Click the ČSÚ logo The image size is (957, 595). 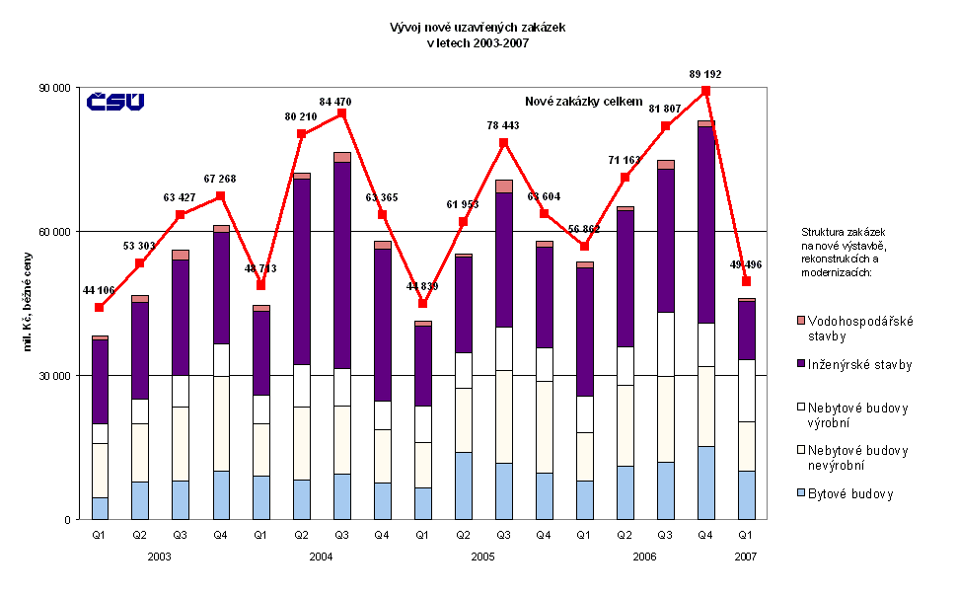click(x=115, y=101)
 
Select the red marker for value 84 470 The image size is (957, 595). click(x=341, y=112)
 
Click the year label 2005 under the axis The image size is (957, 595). click(x=482, y=558)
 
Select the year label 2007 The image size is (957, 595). click(x=746, y=558)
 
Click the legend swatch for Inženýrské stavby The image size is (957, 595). click(x=800, y=365)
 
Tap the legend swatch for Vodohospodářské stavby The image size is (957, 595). click(x=800, y=321)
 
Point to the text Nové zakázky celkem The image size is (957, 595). click(x=583, y=102)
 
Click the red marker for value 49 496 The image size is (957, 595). click(x=747, y=281)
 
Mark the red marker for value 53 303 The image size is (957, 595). click(x=140, y=263)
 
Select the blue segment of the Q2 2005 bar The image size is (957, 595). click(x=463, y=485)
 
